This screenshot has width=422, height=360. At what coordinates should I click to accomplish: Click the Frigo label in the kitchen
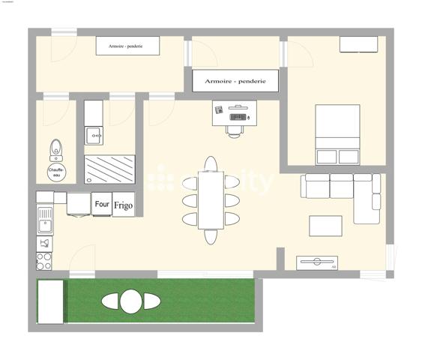(x=124, y=205)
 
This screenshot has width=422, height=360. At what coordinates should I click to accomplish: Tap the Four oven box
(x=102, y=204)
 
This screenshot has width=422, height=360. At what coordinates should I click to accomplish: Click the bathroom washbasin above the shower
(x=94, y=136)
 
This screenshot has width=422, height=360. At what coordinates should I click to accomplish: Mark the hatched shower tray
(x=109, y=169)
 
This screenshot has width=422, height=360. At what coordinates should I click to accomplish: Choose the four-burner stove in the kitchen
(x=44, y=261)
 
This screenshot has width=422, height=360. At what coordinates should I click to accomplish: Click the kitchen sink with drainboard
(x=44, y=220)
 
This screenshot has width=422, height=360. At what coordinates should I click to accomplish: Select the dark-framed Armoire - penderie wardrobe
(x=235, y=80)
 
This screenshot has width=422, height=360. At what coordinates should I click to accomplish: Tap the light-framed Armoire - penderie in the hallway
(x=129, y=46)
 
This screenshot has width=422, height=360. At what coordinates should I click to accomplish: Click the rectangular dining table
(x=211, y=199)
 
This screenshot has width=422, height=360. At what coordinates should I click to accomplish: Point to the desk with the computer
(x=234, y=112)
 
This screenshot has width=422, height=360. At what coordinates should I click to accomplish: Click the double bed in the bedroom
(x=337, y=134)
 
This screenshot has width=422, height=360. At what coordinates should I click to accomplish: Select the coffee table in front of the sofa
(x=325, y=226)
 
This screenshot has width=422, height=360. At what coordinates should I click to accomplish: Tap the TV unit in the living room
(x=316, y=262)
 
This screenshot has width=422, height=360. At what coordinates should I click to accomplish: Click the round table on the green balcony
(x=131, y=301)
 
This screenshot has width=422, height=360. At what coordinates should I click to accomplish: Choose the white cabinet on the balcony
(x=52, y=301)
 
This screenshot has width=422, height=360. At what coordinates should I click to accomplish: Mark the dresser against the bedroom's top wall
(x=358, y=44)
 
